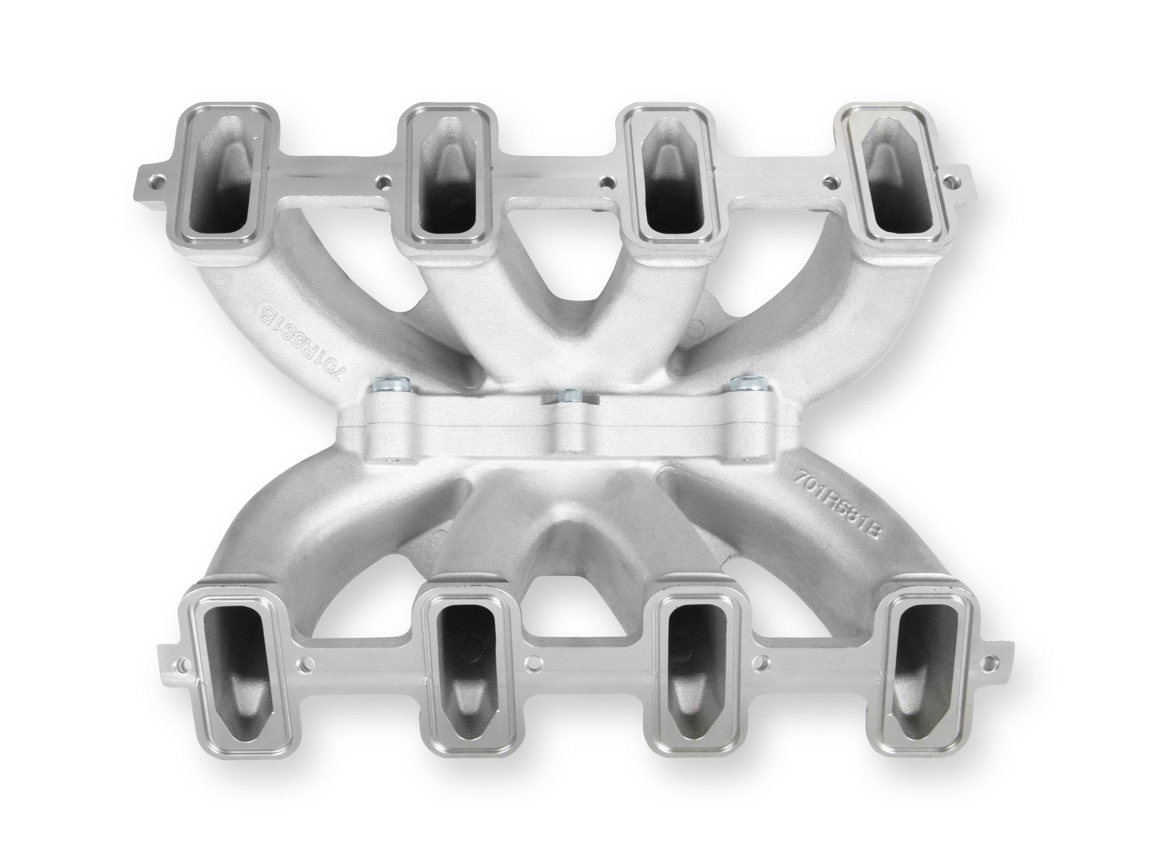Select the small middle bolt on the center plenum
point(569,396)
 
